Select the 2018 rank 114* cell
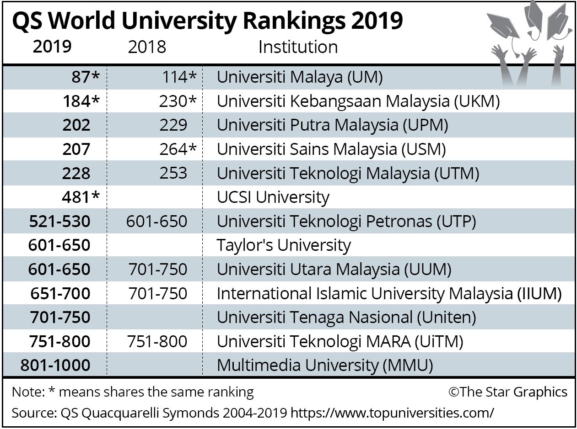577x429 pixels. click(179, 77)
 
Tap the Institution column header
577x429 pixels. click(298, 47)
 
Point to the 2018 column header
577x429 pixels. click(147, 47)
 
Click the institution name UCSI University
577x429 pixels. click(273, 197)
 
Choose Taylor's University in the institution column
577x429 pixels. click(284, 245)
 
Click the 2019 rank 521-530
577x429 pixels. click(59, 222)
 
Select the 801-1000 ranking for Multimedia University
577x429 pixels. click(55, 365)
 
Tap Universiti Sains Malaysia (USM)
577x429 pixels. click(331, 149)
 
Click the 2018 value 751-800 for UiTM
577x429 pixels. click(158, 341)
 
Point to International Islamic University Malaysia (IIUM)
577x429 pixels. click(389, 293)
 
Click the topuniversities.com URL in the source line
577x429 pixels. click(393, 413)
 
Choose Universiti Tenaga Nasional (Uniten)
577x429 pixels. click(346, 317)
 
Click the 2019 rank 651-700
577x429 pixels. click(60, 293)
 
